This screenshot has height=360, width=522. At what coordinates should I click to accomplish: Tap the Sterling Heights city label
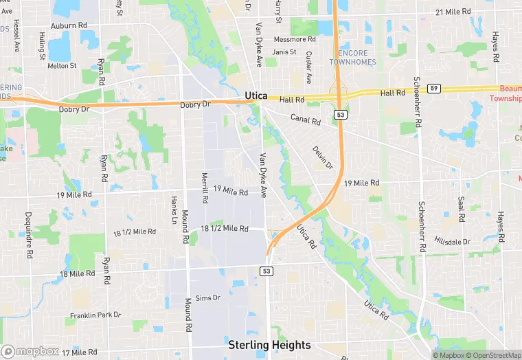(269, 345)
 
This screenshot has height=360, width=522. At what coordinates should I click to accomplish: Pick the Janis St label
(284, 52)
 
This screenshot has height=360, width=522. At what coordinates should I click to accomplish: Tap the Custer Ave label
(309, 67)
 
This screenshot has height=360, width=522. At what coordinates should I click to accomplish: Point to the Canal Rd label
(305, 121)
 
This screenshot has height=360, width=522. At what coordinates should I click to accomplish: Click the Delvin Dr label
(322, 157)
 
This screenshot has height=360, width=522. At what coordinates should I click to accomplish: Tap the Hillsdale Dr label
(453, 241)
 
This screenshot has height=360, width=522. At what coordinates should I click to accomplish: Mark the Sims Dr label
(207, 297)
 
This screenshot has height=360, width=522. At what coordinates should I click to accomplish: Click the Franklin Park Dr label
(95, 315)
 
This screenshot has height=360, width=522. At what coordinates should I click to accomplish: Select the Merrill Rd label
(205, 188)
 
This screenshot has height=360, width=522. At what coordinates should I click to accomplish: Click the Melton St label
(61, 66)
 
